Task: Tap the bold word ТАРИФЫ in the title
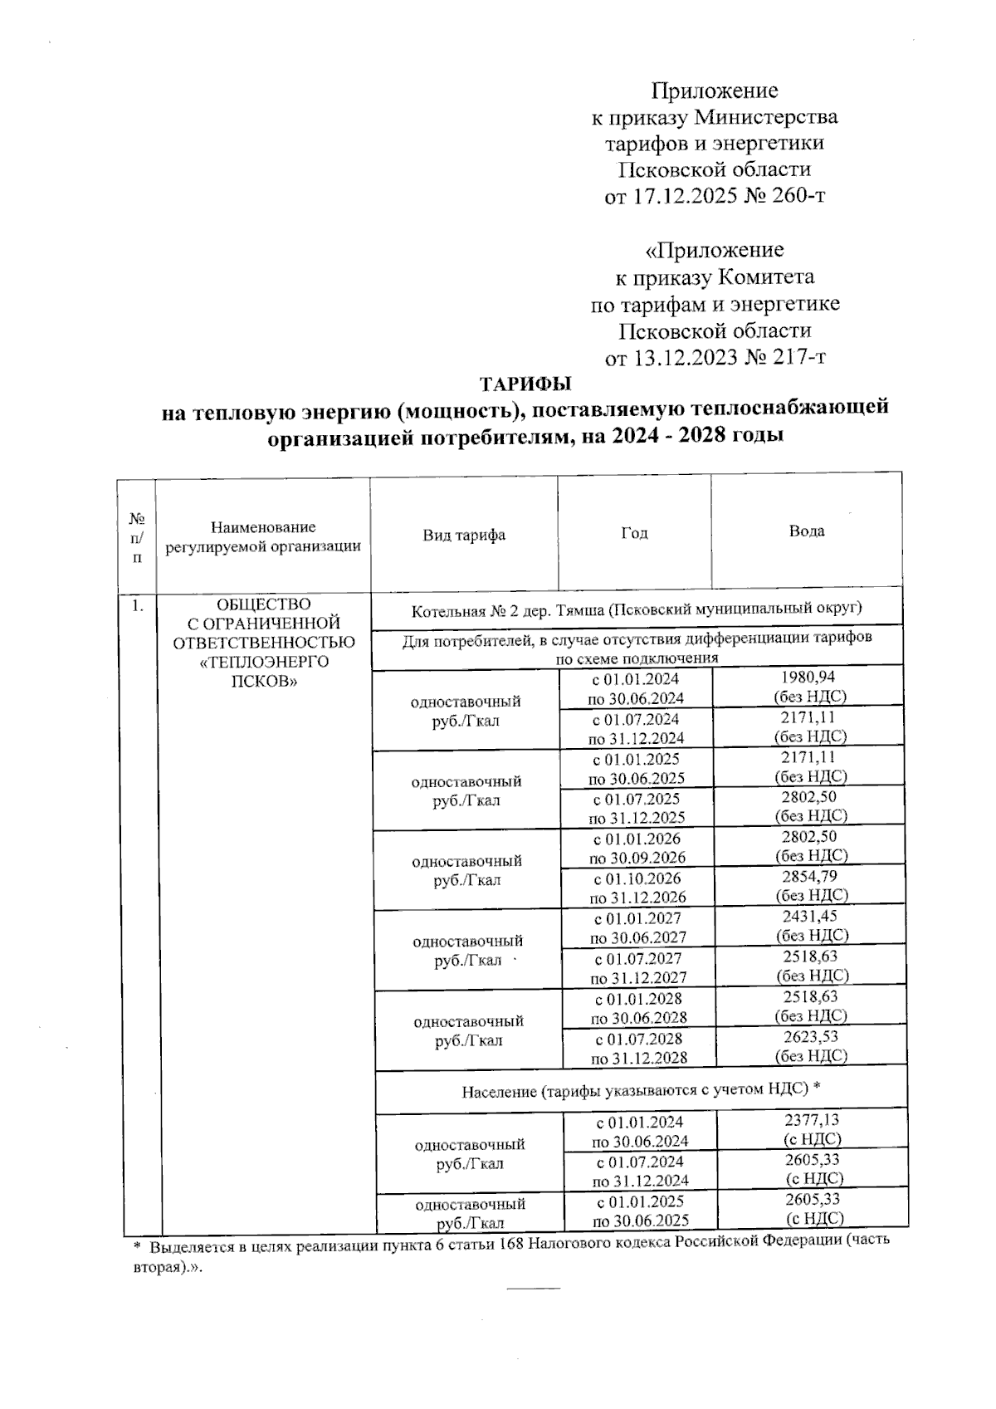click(525, 384)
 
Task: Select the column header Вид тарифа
click(464, 536)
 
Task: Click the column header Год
click(634, 533)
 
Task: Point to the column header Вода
click(806, 531)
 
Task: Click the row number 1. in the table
click(137, 605)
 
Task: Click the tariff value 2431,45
click(810, 917)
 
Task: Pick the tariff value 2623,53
click(811, 1036)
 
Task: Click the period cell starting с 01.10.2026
click(637, 888)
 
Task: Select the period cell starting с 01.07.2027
click(638, 967)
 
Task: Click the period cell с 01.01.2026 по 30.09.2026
click(637, 848)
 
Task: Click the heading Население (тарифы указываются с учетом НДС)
click(641, 1090)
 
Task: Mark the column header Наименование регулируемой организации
click(263, 536)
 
